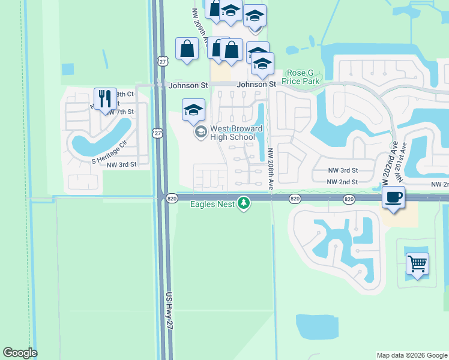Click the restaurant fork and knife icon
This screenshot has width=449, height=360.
tap(105, 98)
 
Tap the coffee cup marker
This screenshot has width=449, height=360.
tap(393, 197)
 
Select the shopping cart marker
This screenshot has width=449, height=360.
tap(417, 263)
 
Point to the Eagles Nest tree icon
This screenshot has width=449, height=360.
tap(244, 203)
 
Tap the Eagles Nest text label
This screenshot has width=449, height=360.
tap(213, 204)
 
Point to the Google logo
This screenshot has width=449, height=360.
tap(20, 353)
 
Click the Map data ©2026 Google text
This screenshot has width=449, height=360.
tap(411, 355)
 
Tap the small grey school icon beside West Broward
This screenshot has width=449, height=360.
tap(200, 132)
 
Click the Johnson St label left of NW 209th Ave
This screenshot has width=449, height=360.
tap(188, 85)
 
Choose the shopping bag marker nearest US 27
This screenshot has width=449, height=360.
tap(187, 48)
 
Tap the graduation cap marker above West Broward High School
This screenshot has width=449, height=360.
tap(193, 109)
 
